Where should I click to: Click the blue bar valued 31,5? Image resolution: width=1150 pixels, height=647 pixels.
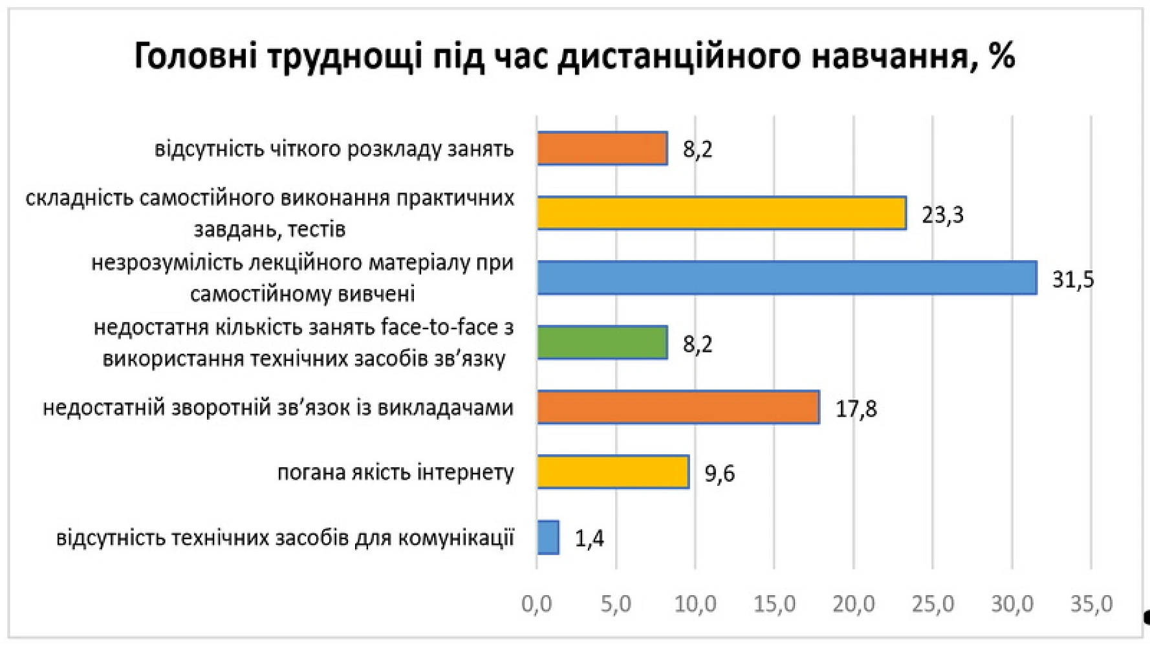click(x=787, y=278)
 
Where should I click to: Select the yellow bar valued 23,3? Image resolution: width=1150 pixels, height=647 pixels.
click(x=721, y=213)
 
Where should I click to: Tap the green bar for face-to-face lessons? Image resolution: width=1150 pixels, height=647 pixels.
click(x=602, y=342)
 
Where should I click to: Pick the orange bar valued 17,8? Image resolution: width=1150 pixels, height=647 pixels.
click(x=678, y=407)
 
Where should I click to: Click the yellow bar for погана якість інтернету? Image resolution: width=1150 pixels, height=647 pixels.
click(x=613, y=472)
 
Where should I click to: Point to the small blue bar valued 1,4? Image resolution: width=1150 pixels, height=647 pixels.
click(x=548, y=537)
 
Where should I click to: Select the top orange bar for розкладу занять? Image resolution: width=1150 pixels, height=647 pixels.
click(x=602, y=148)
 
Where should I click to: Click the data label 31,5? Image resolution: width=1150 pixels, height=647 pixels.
click(x=1073, y=280)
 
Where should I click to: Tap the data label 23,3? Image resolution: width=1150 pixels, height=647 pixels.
click(x=942, y=215)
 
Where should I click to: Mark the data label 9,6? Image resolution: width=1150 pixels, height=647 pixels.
click(x=719, y=474)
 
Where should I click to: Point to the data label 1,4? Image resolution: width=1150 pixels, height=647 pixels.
click(x=589, y=538)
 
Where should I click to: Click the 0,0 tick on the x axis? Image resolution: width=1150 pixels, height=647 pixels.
click(x=537, y=604)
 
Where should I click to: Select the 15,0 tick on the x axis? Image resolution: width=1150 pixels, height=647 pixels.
click(x=774, y=604)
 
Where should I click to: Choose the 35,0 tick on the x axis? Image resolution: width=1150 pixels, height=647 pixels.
click(x=1091, y=604)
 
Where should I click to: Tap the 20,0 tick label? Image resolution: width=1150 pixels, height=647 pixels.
click(x=854, y=604)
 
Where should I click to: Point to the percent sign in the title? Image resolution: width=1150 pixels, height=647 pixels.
click(x=1001, y=56)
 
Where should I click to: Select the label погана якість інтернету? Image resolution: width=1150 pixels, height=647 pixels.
click(x=395, y=473)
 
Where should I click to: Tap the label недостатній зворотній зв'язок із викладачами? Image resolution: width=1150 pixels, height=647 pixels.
click(x=278, y=408)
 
